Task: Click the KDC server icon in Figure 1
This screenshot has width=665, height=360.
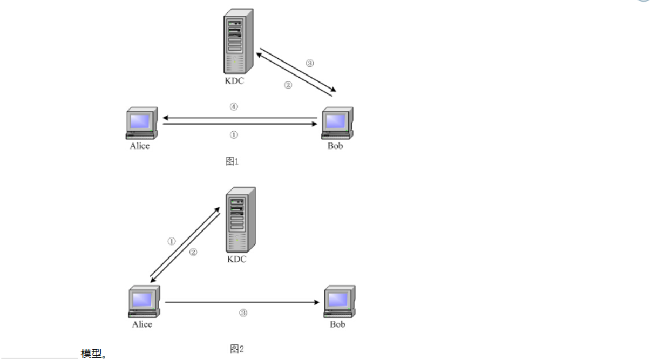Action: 238,41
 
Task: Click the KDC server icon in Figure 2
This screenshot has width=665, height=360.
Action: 240,220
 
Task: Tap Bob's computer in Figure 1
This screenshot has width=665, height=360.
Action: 337,123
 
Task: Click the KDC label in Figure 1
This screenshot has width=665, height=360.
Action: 235,81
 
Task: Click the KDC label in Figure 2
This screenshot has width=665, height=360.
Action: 236,260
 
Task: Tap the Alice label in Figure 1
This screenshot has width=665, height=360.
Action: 140,146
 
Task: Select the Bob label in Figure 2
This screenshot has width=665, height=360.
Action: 337,324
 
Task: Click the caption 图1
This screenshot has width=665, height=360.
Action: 232,161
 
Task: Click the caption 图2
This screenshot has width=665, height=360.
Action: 237,349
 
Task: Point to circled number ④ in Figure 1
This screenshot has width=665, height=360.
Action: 233,107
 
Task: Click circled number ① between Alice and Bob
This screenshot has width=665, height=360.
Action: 233,135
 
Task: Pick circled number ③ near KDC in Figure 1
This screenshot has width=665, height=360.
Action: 309,63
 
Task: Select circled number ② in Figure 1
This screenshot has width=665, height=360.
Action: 288,85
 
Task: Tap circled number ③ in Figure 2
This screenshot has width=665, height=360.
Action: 243,313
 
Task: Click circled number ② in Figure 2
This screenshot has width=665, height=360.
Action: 193,252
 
